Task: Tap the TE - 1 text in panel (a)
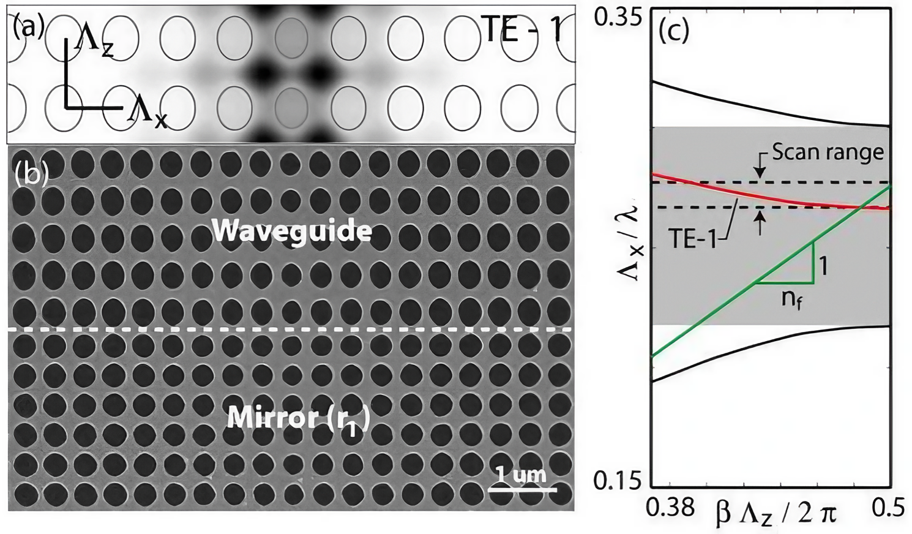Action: point(521,29)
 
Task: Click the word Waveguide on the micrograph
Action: point(291,231)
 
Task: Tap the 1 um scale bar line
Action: point(522,490)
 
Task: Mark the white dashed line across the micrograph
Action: point(291,330)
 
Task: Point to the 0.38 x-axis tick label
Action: point(671,507)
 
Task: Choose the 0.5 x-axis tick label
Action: point(886,507)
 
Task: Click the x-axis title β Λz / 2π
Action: point(776,513)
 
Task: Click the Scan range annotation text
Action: point(828,151)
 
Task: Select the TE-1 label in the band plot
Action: point(692,239)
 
